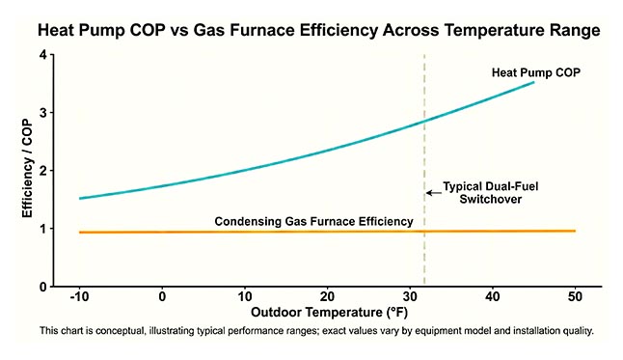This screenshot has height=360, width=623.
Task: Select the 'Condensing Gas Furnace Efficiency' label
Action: pyautogui.click(x=313, y=221)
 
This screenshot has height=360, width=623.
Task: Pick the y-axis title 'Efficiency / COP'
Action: pyautogui.click(x=30, y=172)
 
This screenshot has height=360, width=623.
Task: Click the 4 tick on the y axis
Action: pyautogui.click(x=44, y=56)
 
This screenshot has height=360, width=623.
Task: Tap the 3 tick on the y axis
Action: pyautogui.click(x=44, y=114)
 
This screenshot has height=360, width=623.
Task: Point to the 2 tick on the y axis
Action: pyautogui.click(x=44, y=172)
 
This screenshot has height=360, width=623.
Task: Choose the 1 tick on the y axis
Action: pyautogui.click(x=44, y=230)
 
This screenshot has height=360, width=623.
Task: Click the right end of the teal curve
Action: pyautogui.click(x=533, y=83)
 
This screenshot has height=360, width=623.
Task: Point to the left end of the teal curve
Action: pyautogui.click(x=80, y=198)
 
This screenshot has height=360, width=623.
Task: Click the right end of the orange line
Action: pyautogui.click(x=575, y=231)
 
